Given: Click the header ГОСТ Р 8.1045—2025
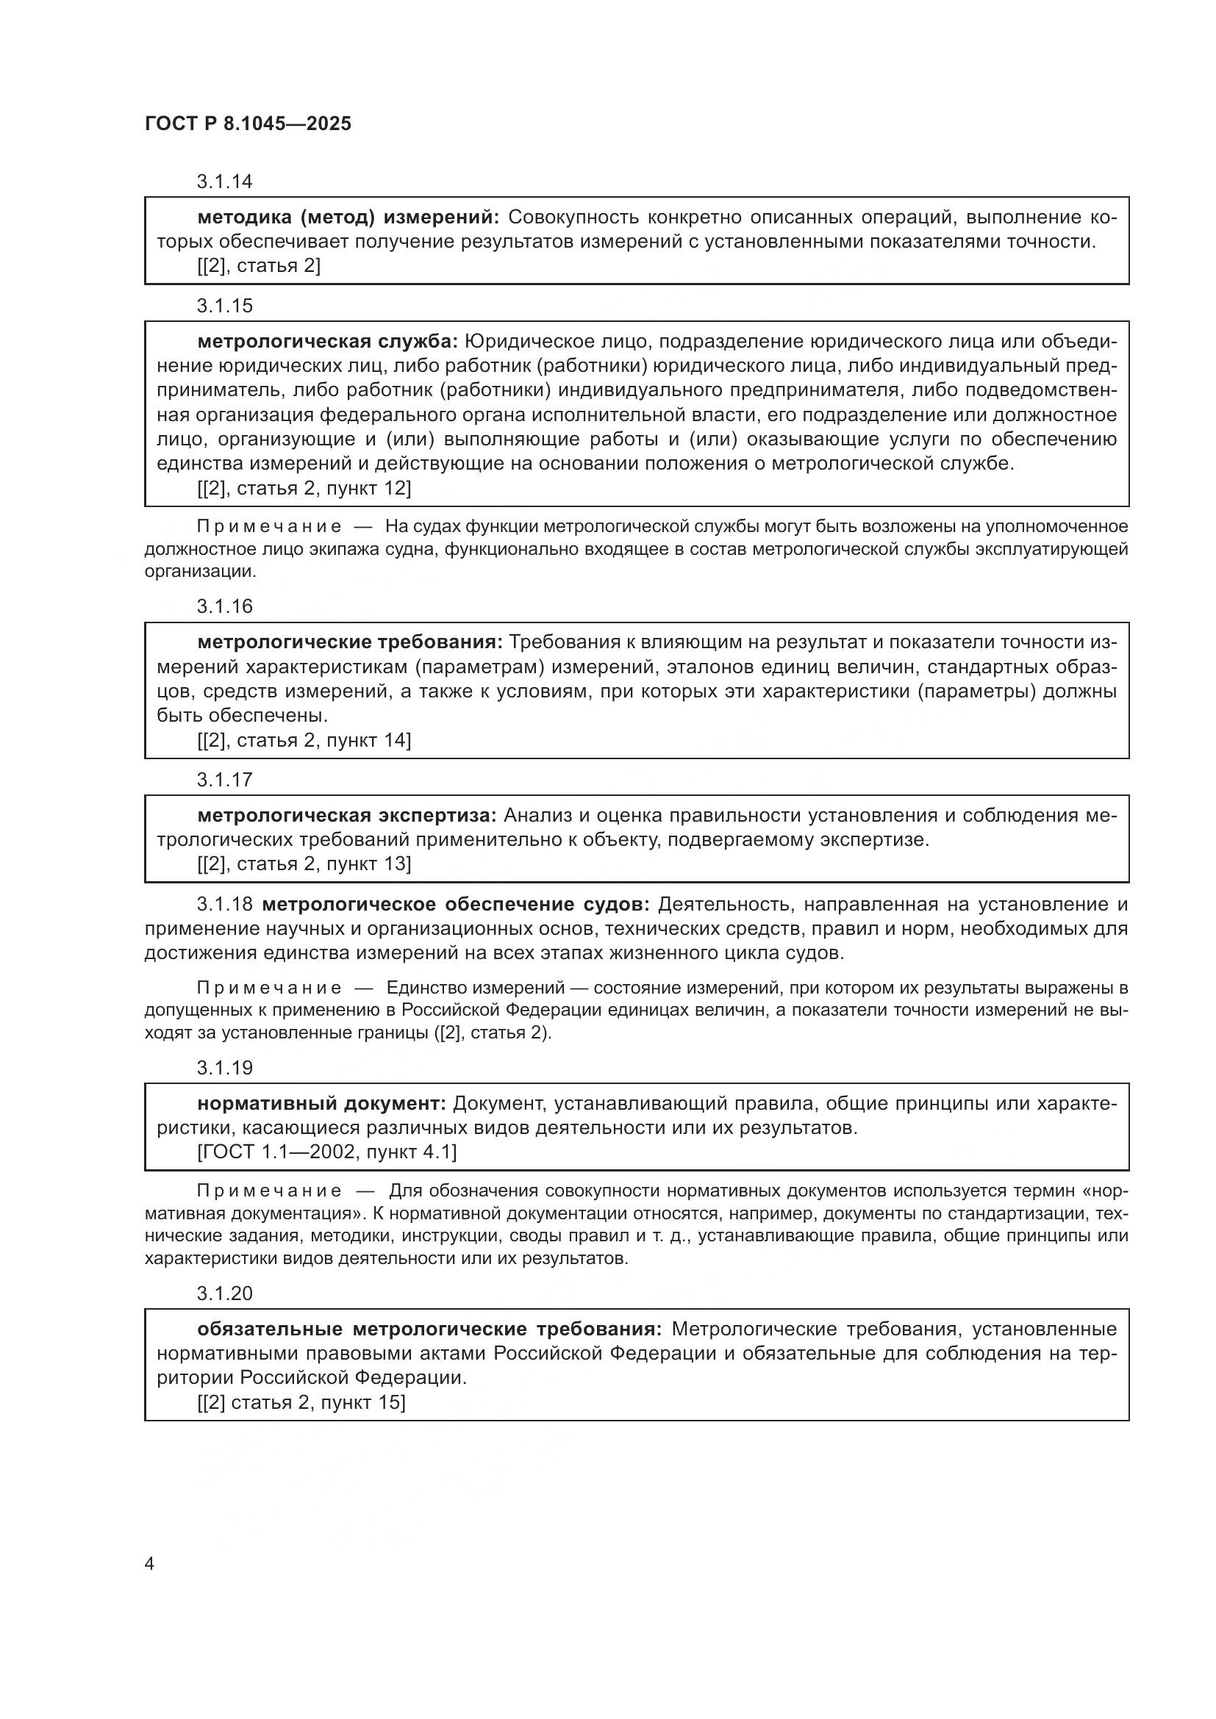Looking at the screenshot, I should pyautogui.click(x=248, y=124).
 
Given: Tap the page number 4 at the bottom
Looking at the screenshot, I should pyautogui.click(x=150, y=1564).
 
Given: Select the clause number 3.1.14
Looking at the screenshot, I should pyautogui.click(x=225, y=182).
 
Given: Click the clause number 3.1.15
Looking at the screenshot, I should pyautogui.click(x=225, y=306).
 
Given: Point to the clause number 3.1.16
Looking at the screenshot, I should pyautogui.click(x=225, y=606).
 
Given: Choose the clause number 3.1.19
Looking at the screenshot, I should pyautogui.click(x=225, y=1068).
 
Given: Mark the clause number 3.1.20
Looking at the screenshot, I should pyautogui.click(x=225, y=1293).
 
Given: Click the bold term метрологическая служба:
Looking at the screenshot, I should pyautogui.click(x=327, y=342).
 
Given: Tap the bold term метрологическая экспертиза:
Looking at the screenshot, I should pyautogui.click(x=347, y=815).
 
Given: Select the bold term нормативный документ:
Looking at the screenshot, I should pyautogui.click(x=322, y=1104).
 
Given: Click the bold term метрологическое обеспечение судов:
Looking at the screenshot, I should pyautogui.click(x=456, y=905).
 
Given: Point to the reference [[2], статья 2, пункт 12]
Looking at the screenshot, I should pyautogui.click(x=304, y=488).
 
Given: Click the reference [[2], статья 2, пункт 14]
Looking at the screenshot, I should pyautogui.click(x=304, y=741).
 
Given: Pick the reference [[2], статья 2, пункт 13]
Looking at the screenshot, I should pyautogui.click(x=304, y=864).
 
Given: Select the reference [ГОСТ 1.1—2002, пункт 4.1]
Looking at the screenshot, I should pyautogui.click(x=327, y=1152).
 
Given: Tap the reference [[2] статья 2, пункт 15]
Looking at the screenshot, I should pyautogui.click(x=301, y=1402).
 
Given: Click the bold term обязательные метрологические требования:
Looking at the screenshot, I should pyautogui.click(x=430, y=1329).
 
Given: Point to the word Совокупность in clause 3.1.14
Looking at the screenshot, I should pyautogui.click(x=572, y=218).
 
